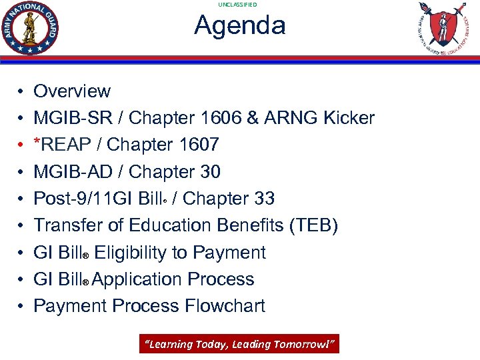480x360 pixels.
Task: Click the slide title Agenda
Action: point(239,25)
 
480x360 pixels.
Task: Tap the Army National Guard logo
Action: point(31,28)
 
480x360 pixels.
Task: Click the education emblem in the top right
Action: point(442,28)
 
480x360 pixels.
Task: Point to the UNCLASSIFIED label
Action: point(237,5)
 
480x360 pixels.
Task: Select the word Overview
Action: point(72,91)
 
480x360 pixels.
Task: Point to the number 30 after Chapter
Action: point(209,172)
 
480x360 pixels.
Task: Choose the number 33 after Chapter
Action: point(263,199)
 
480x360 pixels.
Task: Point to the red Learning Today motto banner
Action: point(239,344)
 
